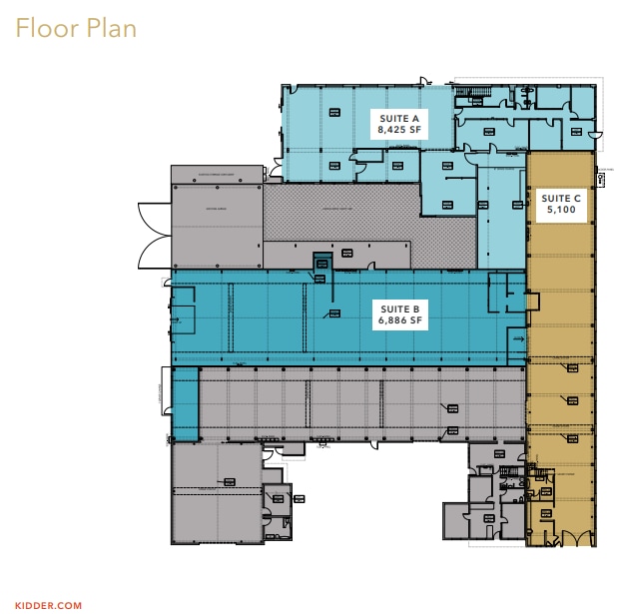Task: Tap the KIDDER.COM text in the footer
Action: (x=42, y=604)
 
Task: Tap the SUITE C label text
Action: (x=560, y=199)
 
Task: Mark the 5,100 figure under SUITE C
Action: (x=560, y=212)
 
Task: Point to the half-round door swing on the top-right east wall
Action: (x=597, y=133)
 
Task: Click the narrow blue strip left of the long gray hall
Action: (x=184, y=404)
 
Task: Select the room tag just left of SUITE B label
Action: (x=334, y=313)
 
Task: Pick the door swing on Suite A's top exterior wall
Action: (x=425, y=80)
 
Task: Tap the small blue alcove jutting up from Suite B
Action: (x=321, y=264)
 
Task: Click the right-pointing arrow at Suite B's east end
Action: (x=518, y=340)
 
